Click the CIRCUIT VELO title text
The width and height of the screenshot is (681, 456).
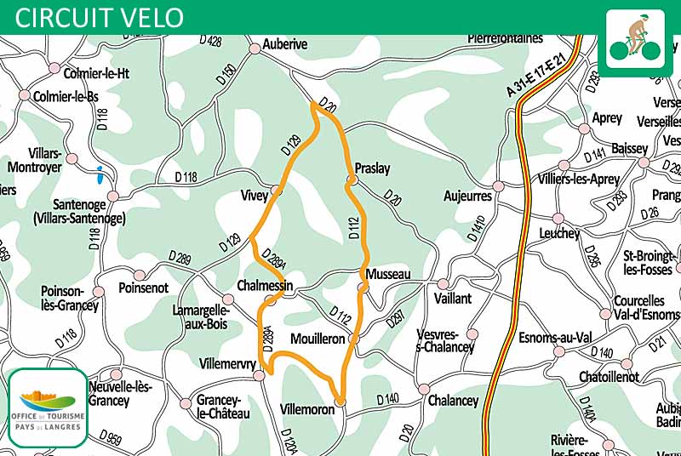pyautogui.click(x=100, y=16)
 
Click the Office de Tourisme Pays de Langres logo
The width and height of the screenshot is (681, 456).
pyautogui.click(x=48, y=408)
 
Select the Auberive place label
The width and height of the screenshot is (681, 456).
pyautogui.click(x=284, y=44)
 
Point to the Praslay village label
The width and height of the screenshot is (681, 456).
pyautogui.click(x=372, y=168)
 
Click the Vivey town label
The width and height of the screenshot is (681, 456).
pyautogui.click(x=254, y=196)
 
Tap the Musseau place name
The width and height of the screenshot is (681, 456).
pyautogui.click(x=388, y=274)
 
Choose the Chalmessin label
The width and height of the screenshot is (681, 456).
pyautogui.click(x=266, y=287)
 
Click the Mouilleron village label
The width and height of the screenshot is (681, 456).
pyautogui.click(x=318, y=339)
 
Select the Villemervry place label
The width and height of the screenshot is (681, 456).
pyautogui.click(x=227, y=364)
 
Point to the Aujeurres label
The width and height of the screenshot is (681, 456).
pyautogui.click(x=468, y=196)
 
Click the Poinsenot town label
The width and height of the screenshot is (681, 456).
pyautogui.click(x=144, y=288)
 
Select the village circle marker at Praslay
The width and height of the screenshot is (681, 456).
pyautogui.click(x=350, y=180)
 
